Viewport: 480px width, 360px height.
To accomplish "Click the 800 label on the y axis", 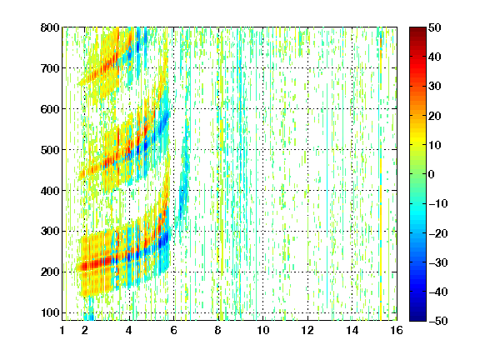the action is tap(50, 27).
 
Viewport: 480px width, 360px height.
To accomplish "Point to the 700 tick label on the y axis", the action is tap(50, 68).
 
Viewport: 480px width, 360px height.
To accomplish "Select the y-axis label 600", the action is tap(50, 109).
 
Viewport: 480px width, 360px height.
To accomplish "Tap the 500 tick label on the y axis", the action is tap(50, 150).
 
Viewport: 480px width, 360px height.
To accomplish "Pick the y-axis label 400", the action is tap(50, 191).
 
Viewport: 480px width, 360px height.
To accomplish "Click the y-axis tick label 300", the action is tap(50, 232).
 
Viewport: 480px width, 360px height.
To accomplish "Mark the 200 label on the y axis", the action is tap(50, 272).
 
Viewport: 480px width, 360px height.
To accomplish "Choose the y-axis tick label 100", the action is tap(50, 312).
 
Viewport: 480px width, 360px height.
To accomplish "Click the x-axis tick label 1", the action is tap(62, 330).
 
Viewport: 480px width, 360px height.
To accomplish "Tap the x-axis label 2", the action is tap(85, 330).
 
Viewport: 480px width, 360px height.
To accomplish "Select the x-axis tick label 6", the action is tap(174, 330).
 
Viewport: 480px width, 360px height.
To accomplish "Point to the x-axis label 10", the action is tap(263, 330).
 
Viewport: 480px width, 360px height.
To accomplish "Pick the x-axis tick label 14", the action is tap(352, 330).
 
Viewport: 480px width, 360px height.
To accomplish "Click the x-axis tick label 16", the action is tap(397, 330).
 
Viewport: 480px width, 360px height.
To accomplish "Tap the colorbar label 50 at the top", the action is tap(435, 27).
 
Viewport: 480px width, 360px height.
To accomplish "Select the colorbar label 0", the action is tap(432, 174).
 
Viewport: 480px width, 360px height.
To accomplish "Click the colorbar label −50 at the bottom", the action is tap(438, 321).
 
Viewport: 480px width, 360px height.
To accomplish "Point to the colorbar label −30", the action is tap(438, 262).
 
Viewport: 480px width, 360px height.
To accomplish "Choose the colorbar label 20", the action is tap(435, 116).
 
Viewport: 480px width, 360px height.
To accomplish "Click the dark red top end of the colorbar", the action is tap(417, 29).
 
